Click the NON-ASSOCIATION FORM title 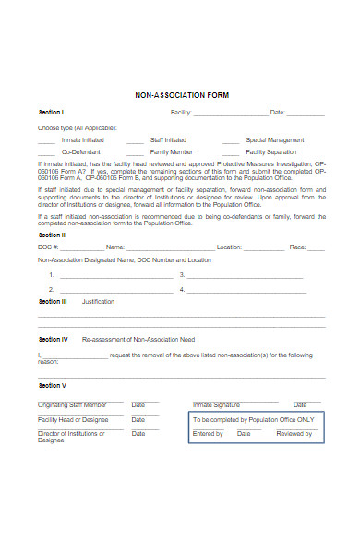pyautogui.click(x=181, y=95)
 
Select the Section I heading pyautogui.click(x=50, y=113)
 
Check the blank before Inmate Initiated pyautogui.click(x=45, y=140)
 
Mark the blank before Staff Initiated pyautogui.click(x=135, y=140)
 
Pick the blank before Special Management pyautogui.click(x=230, y=140)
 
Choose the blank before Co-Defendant pyautogui.click(x=45, y=151)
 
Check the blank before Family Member pyautogui.click(x=135, y=151)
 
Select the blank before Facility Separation pyautogui.click(x=230, y=151)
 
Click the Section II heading pyautogui.click(x=51, y=235)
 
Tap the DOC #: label pyautogui.click(x=48, y=247)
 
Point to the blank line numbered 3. pyautogui.click(x=246, y=275)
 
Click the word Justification pyautogui.click(x=98, y=301)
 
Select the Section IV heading pyautogui.click(x=53, y=339)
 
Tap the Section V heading pyautogui.click(x=52, y=385)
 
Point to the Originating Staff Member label pyautogui.click(x=72, y=404)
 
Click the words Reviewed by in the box pyautogui.click(x=294, y=433)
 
